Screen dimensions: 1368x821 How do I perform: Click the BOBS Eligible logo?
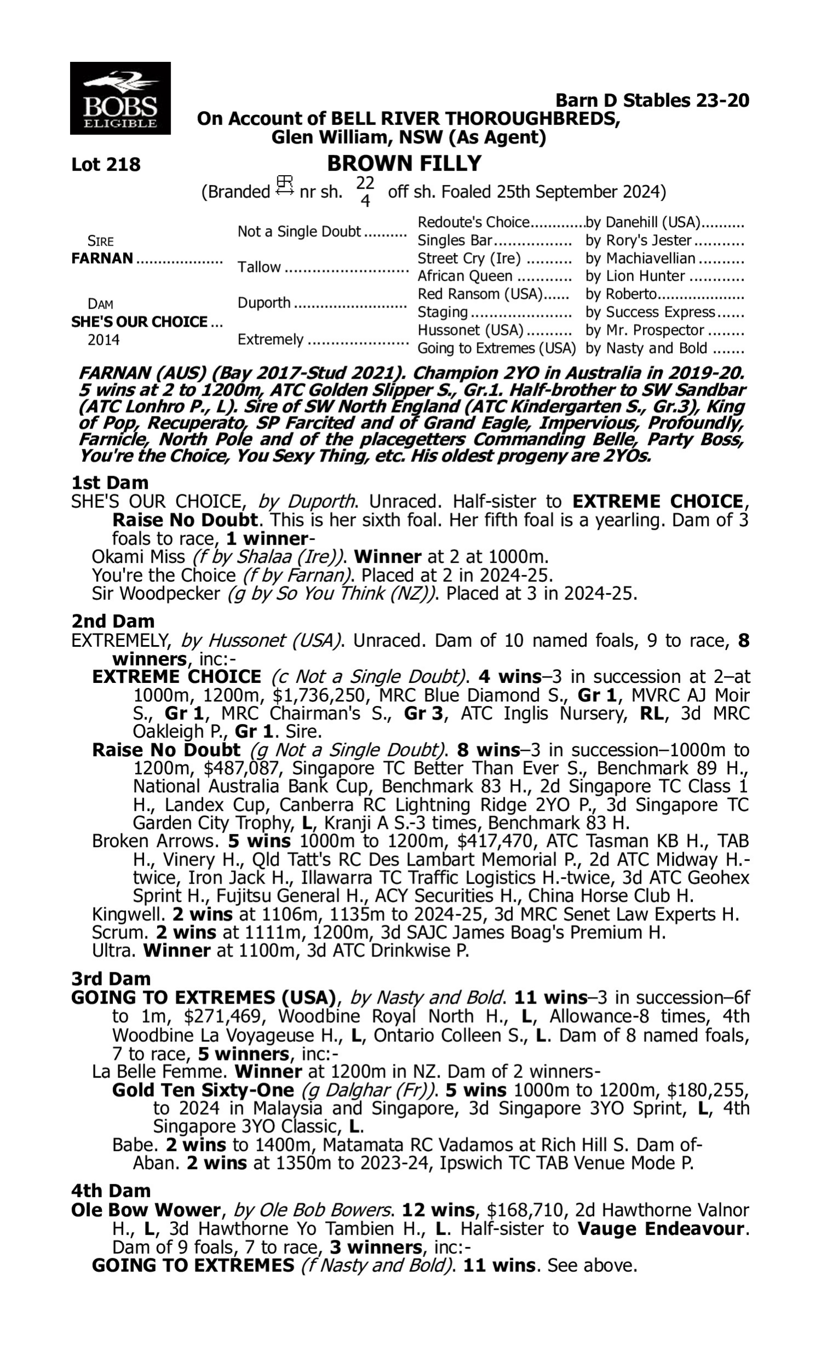point(120,98)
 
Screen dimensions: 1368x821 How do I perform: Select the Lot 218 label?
point(106,165)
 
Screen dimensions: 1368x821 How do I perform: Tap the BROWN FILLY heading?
point(404,164)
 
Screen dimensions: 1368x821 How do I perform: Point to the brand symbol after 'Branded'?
point(285,186)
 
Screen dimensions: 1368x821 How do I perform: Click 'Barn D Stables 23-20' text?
point(652,101)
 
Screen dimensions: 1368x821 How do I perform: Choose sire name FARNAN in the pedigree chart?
point(102,259)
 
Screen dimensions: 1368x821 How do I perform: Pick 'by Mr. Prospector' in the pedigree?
point(645,331)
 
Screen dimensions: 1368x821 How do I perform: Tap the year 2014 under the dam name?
point(103,340)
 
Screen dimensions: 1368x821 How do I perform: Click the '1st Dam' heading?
point(109,483)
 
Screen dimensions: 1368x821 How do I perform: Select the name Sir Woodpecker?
point(156,594)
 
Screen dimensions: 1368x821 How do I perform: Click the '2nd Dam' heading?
point(112,622)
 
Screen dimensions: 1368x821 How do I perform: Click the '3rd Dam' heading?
point(111,979)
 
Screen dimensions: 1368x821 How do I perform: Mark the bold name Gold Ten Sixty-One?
point(203,1091)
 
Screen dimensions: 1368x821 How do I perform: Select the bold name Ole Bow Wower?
point(146,1210)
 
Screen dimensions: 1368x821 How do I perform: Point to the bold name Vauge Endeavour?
point(661,1228)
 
